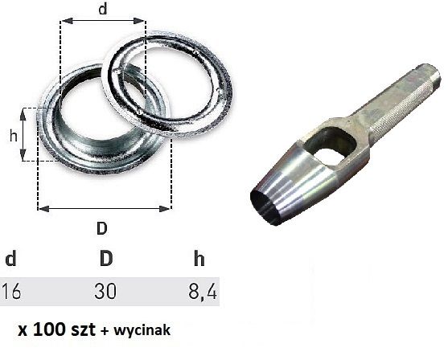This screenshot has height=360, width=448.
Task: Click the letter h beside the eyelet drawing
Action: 13,136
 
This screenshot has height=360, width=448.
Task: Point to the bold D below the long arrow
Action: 102,227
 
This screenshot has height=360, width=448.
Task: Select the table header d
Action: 10,260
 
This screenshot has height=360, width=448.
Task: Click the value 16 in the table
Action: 11,290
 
